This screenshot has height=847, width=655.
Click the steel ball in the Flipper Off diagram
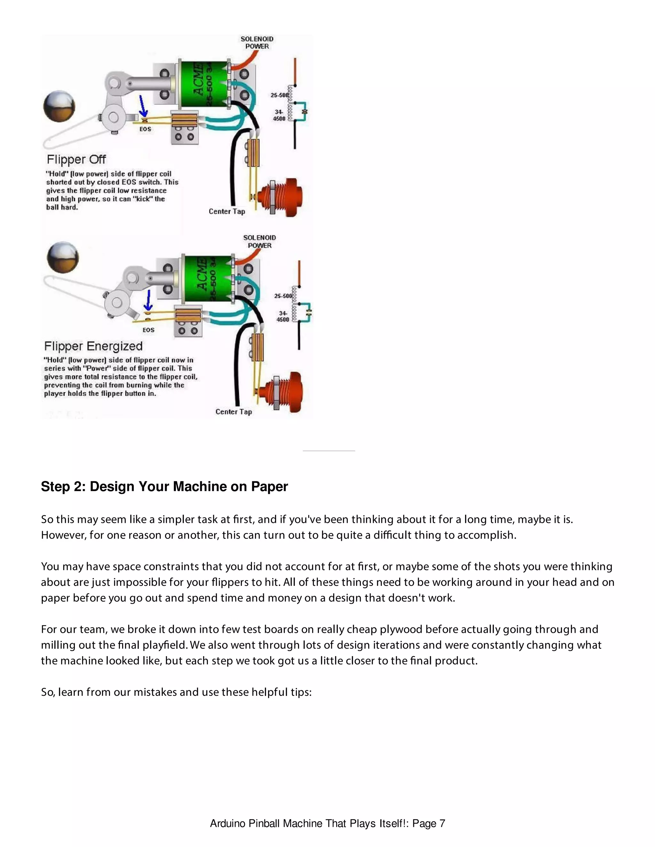tap(59, 106)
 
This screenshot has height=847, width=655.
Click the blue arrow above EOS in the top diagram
tap(143, 106)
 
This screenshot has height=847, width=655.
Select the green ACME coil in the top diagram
tap(204, 84)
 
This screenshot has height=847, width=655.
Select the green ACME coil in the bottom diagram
tap(208, 278)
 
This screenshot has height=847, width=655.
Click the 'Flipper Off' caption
tap(76, 159)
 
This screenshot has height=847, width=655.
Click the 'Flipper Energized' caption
tap(93, 346)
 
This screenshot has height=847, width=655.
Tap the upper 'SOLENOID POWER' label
tap(257, 43)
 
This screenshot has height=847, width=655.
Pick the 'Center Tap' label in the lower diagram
tap(233, 412)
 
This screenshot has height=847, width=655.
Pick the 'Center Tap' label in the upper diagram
tap(227, 211)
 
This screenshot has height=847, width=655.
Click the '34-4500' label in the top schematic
tap(279, 115)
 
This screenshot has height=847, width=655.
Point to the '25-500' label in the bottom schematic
tap(283, 296)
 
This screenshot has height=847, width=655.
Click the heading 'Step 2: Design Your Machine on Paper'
tap(164, 486)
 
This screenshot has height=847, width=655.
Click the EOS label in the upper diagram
tap(146, 129)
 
